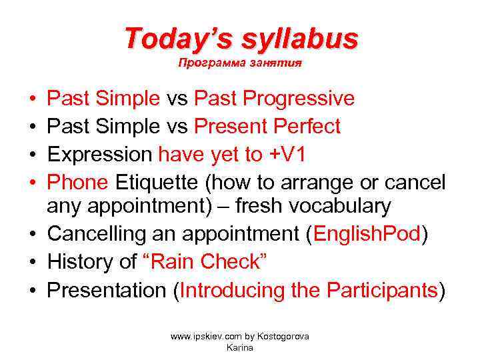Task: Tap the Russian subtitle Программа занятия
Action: click(x=240, y=64)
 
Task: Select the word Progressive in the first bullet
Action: click(x=298, y=99)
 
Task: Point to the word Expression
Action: click(x=100, y=154)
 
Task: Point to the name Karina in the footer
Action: click(x=240, y=347)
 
